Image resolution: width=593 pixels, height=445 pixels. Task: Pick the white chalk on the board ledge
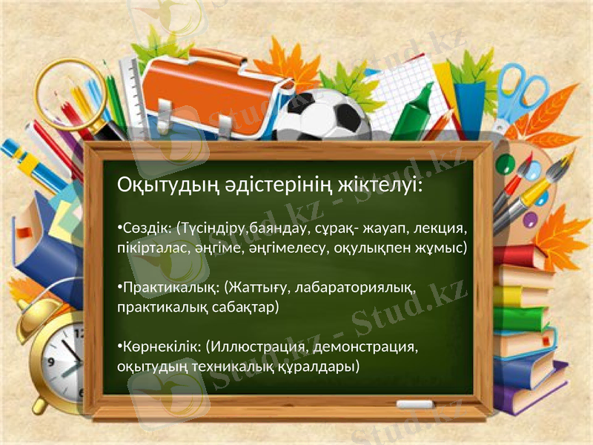(415, 404)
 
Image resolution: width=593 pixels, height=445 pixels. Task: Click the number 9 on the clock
(51, 363)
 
